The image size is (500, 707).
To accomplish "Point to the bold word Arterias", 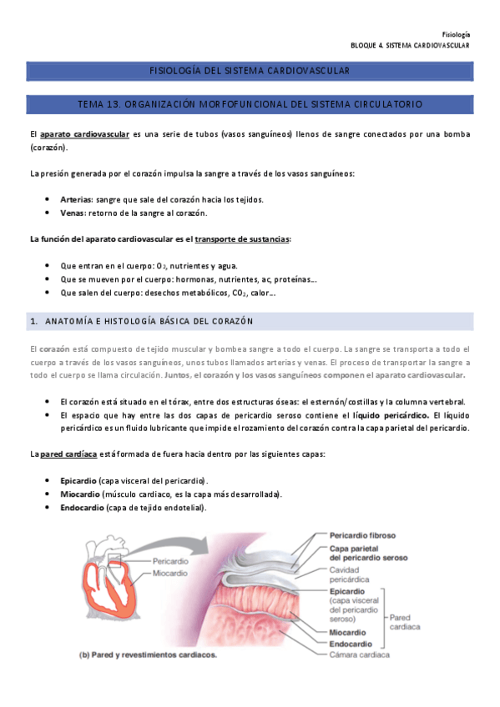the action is point(77,199).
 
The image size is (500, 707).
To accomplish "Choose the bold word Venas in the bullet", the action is point(73,213).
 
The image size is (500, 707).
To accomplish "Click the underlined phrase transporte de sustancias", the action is point(242,238).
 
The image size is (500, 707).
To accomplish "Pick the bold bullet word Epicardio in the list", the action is point(78,481).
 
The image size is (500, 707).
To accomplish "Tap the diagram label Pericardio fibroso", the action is point(362,534).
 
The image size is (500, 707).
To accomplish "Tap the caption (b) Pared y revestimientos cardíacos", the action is point(148,654).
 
